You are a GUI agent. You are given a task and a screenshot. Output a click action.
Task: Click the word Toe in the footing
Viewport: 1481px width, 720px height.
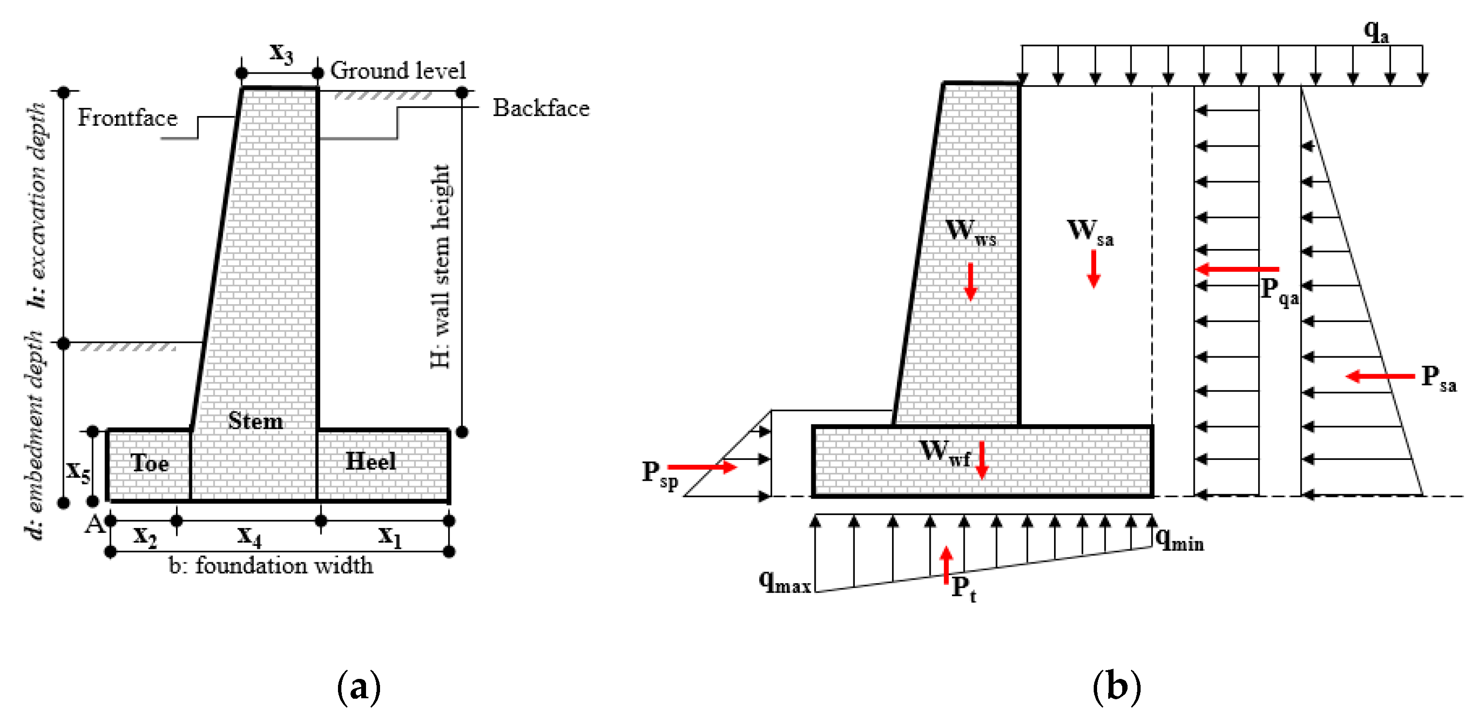[x=149, y=463]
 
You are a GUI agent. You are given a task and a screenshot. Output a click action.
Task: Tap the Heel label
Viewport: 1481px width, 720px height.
[x=371, y=461]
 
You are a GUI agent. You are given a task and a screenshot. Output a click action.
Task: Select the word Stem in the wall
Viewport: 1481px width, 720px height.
[x=255, y=421]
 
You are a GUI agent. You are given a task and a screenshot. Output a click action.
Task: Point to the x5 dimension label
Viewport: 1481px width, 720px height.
[x=78, y=471]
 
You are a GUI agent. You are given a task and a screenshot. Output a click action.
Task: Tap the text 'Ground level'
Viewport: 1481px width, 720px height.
[x=398, y=71]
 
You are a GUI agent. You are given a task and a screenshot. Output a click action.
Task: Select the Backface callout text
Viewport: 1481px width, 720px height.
[x=541, y=108]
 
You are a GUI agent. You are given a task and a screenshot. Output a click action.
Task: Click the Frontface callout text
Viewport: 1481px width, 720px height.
[x=128, y=118]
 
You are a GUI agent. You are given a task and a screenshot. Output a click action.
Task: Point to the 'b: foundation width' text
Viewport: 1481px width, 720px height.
[x=271, y=566]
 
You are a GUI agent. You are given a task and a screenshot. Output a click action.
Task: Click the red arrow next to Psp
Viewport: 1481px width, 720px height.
[x=702, y=467]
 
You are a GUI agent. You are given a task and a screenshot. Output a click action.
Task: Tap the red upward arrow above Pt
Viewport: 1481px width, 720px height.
[x=946, y=565]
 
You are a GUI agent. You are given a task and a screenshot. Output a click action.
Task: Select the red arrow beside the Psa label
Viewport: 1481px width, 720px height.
[x=1380, y=377]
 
